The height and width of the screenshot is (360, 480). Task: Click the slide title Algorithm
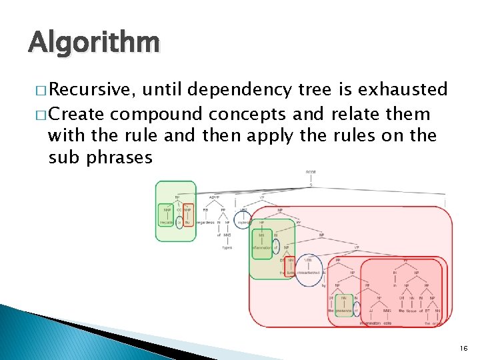tap(93, 43)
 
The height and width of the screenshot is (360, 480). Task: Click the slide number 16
tap(463, 348)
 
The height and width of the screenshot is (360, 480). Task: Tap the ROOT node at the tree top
tap(311, 172)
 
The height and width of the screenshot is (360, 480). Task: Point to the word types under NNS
tap(227, 247)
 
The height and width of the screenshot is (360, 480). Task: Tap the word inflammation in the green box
tap(261, 248)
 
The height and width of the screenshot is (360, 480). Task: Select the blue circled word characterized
tap(309, 273)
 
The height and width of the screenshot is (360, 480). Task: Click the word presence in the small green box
tap(343, 311)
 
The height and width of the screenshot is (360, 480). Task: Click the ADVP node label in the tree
tap(214, 197)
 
